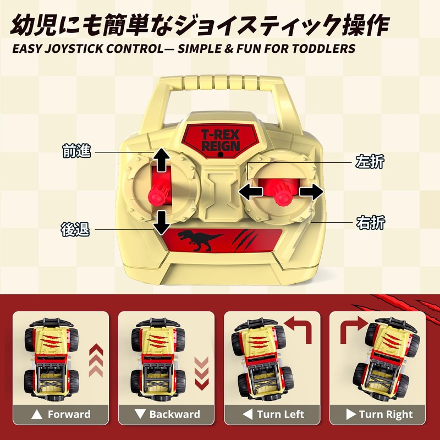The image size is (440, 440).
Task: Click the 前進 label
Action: click(x=76, y=151)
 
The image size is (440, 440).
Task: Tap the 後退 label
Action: click(x=75, y=229)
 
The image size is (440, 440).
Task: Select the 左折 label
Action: click(x=370, y=161)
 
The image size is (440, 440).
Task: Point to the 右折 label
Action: click(x=370, y=223)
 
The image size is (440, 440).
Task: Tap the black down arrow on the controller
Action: click(x=162, y=223)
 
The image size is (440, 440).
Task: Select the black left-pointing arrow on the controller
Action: click(x=250, y=192)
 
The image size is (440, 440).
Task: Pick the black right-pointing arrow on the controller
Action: click(x=311, y=192)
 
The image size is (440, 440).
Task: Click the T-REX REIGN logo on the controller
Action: click(x=221, y=140)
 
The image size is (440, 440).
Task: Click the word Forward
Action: click(x=69, y=414)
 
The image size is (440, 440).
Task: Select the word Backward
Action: click(x=174, y=414)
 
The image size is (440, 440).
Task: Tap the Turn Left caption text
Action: click(x=280, y=414)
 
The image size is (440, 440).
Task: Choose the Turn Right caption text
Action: click(x=386, y=414)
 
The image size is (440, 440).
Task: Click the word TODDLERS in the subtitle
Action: click(x=323, y=49)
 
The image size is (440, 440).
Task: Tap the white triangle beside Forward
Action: click(x=37, y=415)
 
